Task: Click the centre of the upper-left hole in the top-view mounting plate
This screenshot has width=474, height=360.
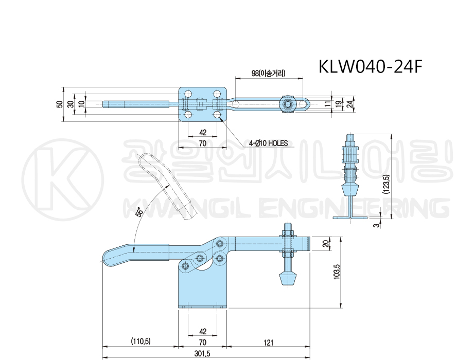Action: [x=188, y=93]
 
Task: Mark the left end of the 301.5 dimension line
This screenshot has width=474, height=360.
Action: [x=103, y=356]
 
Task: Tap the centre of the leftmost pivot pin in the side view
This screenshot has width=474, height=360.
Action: [x=186, y=266]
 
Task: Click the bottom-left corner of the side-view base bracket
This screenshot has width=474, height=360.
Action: [x=179, y=309]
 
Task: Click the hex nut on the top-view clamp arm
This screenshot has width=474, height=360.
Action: [x=287, y=104]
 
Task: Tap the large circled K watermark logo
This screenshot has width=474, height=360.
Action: [x=63, y=179]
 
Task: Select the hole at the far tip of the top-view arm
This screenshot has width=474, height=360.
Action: [x=302, y=105]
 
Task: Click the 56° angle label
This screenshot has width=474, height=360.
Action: [x=140, y=212]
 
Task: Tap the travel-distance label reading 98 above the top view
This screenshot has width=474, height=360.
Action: [x=269, y=74]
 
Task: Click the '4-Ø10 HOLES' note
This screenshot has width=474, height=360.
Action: [x=268, y=143]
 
